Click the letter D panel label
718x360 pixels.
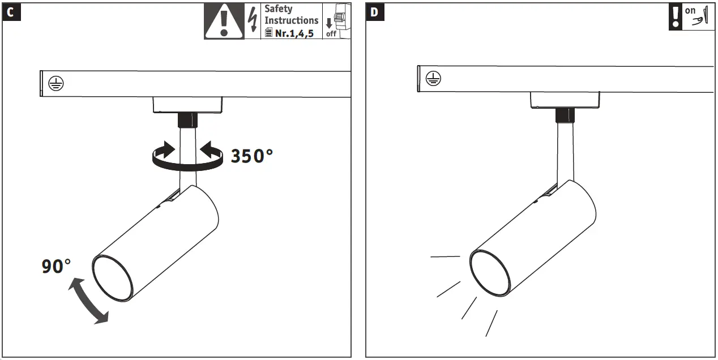(375, 12)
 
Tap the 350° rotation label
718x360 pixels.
(251, 156)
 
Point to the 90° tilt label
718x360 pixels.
(57, 266)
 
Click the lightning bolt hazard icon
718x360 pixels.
(253, 20)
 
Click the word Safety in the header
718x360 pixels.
(279, 8)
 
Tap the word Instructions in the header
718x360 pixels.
(292, 20)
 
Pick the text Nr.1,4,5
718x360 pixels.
(294, 33)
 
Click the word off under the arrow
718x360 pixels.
(331, 34)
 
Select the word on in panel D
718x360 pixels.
(690, 10)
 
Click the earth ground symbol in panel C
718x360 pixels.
(55, 84)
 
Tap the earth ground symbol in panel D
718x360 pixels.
(433, 79)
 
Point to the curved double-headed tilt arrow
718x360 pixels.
(87, 302)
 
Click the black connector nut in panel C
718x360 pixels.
(187, 120)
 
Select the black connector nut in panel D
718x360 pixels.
(565, 115)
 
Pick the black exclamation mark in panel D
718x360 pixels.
(676, 17)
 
